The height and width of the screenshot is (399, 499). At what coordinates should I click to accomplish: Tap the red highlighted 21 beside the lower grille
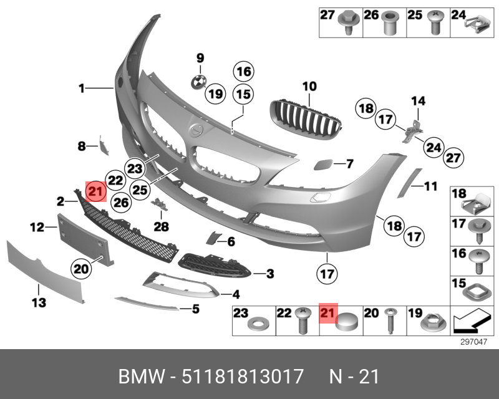[96, 191]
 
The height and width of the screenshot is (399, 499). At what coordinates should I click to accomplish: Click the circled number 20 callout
[81, 269]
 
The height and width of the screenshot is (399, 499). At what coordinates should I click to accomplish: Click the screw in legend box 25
[435, 24]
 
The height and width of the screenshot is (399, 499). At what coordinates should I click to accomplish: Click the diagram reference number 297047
[473, 341]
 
